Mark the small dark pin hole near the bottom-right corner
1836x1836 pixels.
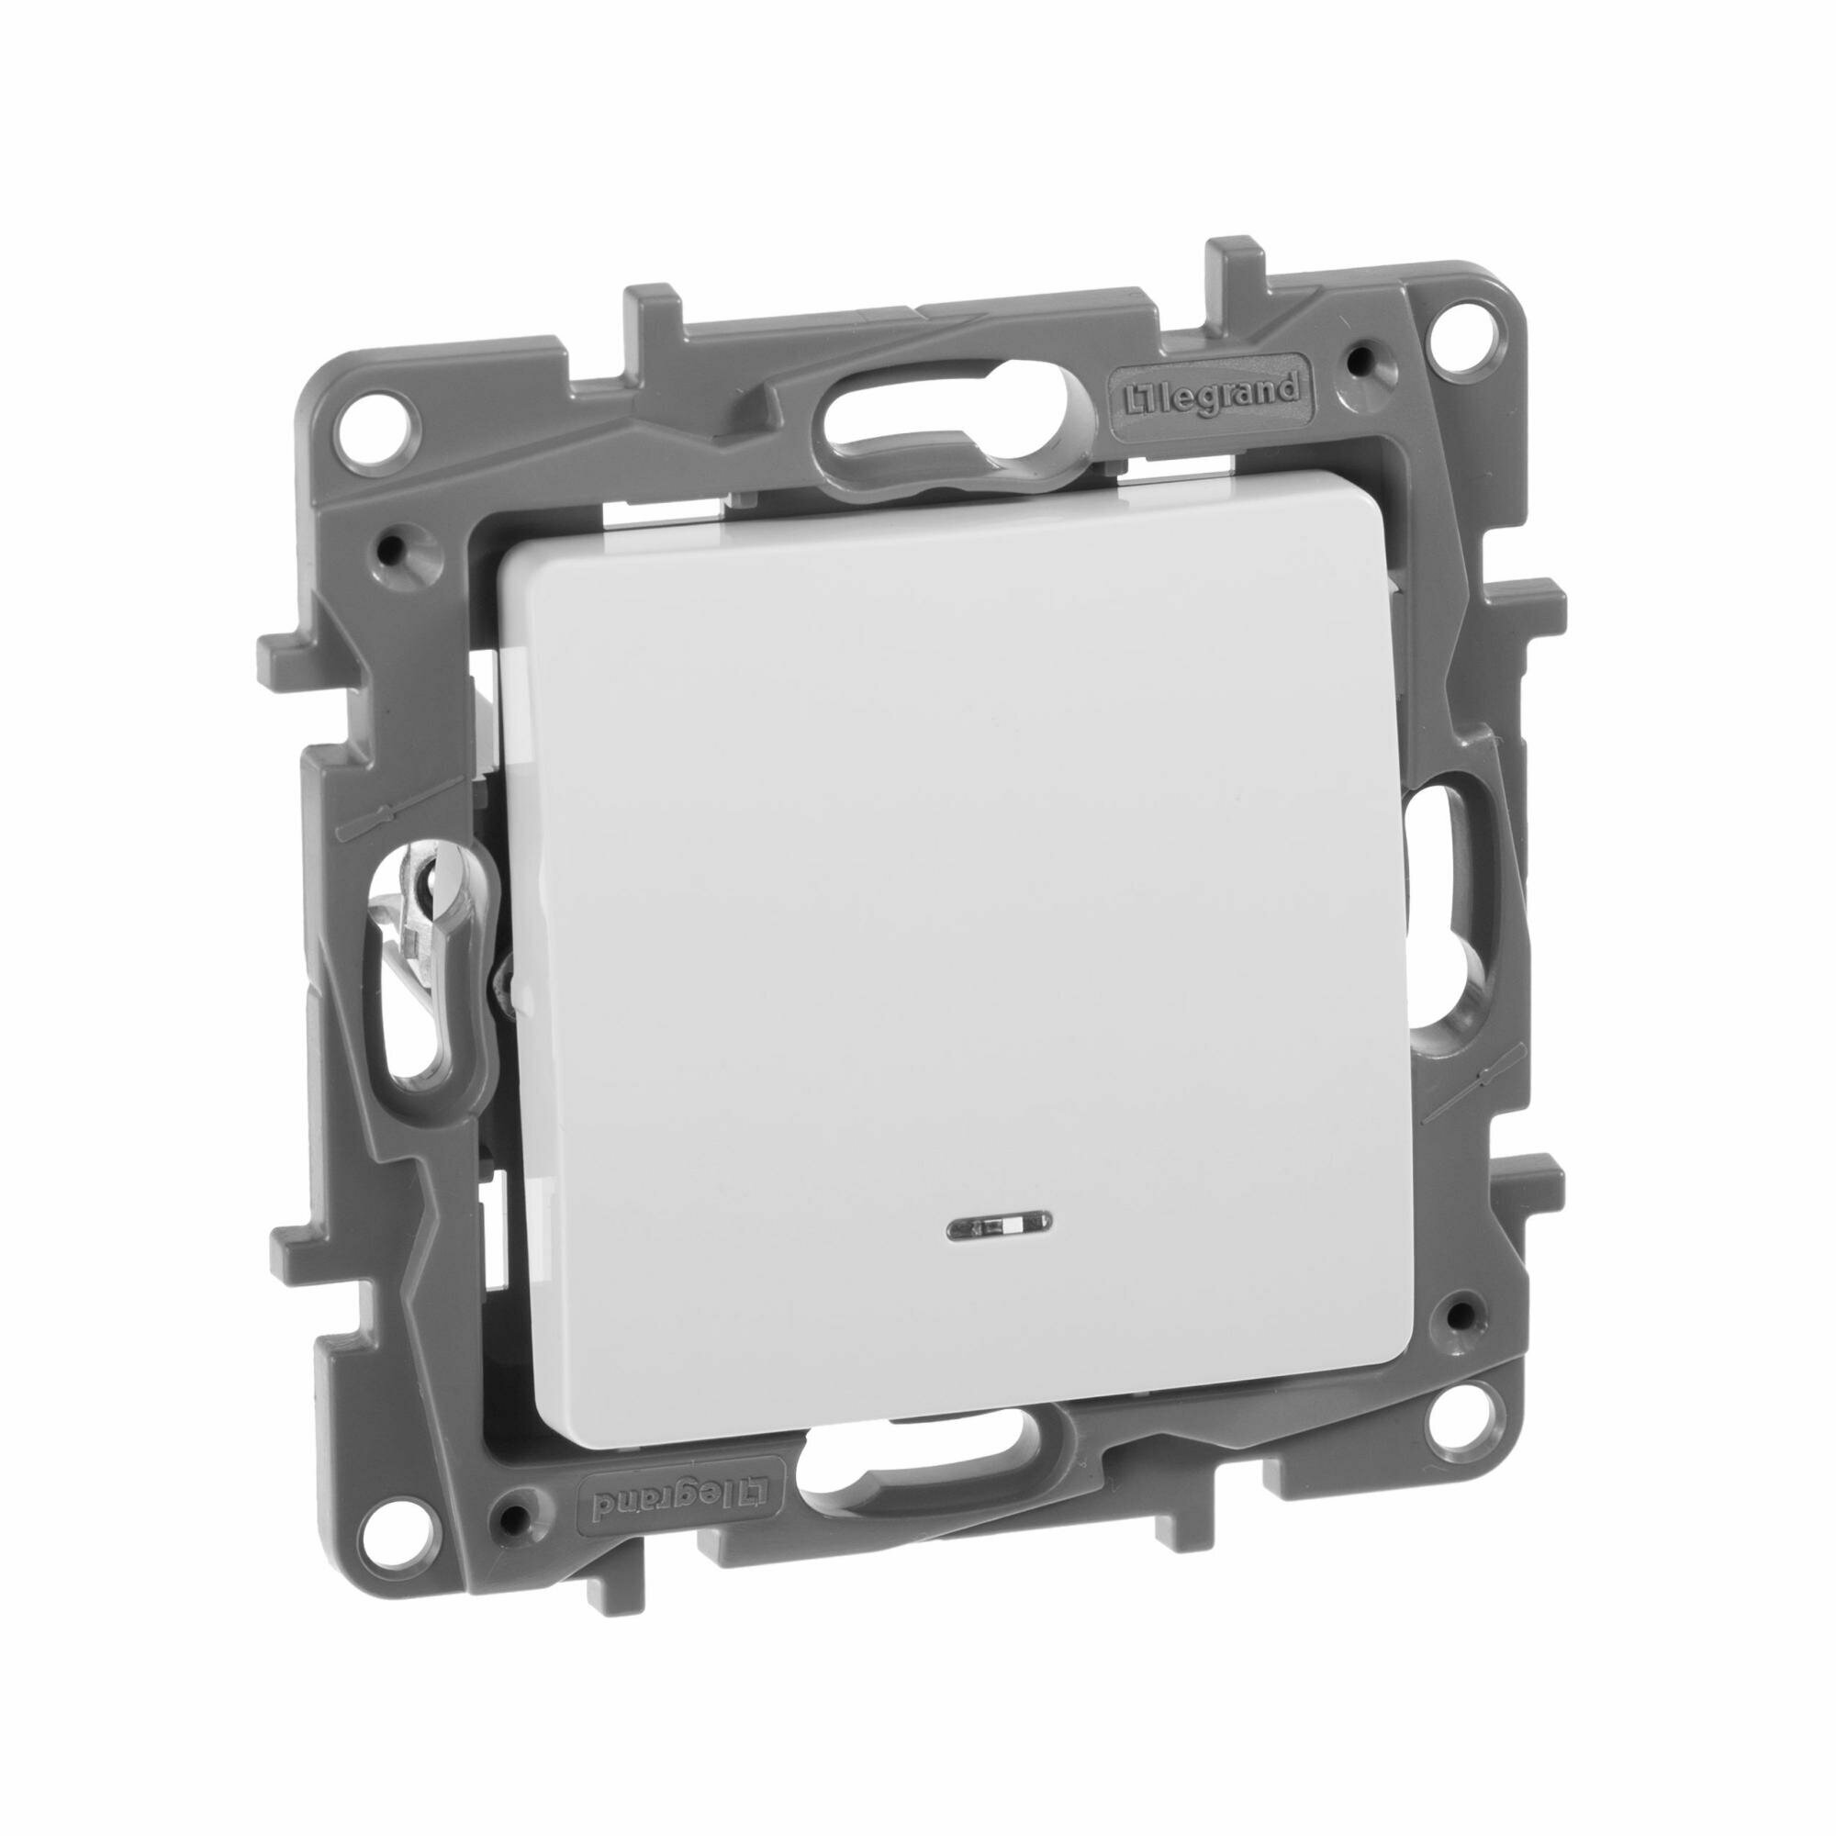(1453, 1311)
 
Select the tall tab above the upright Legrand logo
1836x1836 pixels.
(1236, 275)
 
